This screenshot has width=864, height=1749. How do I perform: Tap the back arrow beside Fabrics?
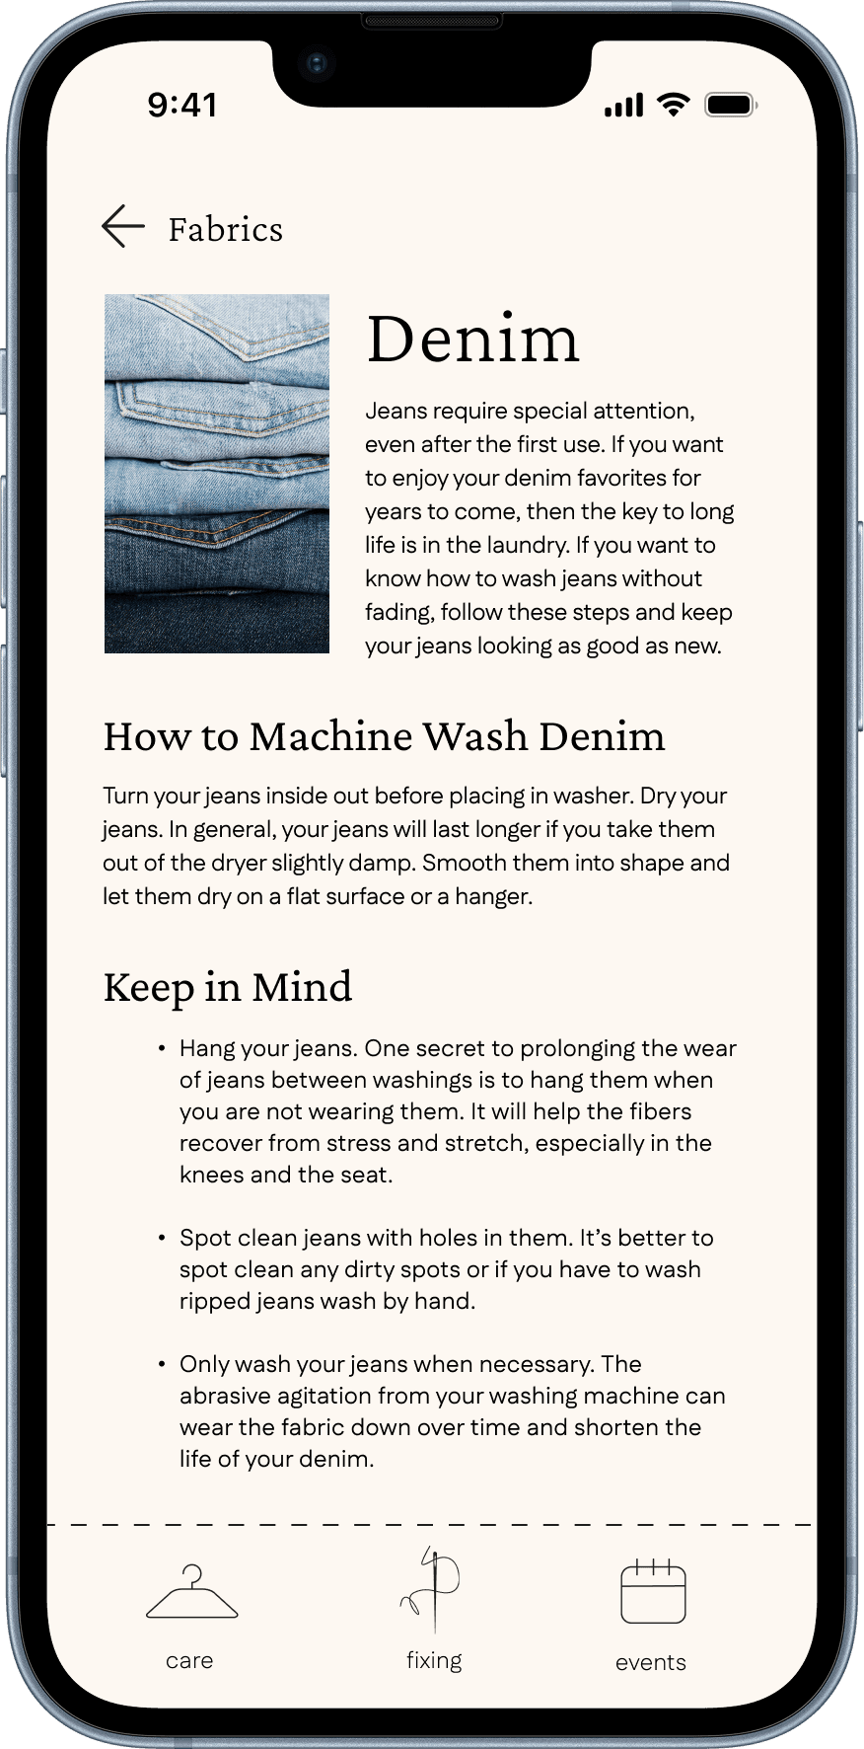click(123, 226)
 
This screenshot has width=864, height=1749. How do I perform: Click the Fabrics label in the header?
click(226, 229)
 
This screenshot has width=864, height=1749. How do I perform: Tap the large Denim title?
click(472, 338)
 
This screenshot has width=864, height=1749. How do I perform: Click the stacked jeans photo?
click(217, 474)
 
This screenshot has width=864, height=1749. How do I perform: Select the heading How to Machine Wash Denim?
click(384, 736)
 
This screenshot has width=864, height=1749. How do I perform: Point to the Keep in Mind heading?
click(228, 987)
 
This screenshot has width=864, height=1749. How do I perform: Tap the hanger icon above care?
click(191, 1592)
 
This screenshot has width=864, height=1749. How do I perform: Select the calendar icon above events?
click(653, 1591)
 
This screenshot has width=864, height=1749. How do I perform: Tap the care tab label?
click(189, 1660)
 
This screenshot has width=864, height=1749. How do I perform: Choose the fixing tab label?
click(434, 1660)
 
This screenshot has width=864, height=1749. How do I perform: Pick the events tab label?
click(651, 1662)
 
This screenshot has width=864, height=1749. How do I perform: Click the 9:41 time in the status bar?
click(182, 105)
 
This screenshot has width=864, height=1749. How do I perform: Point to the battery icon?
click(731, 105)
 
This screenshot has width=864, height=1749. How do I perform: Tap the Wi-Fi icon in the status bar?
click(674, 105)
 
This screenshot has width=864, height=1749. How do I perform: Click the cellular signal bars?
click(623, 105)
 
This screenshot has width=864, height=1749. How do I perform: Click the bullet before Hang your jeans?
click(161, 1047)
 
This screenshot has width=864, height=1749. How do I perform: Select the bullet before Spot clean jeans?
click(161, 1237)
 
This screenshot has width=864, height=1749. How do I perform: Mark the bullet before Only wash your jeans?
click(161, 1363)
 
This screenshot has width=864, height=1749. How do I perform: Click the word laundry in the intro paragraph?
click(529, 546)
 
